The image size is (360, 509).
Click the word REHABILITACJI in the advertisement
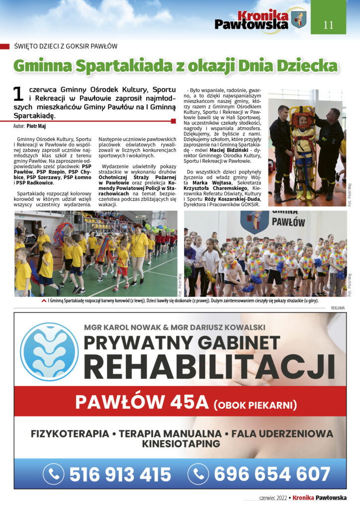[x=212, y=366]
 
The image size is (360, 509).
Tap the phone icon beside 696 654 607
[x=198, y=474]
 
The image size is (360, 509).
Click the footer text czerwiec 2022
[x=273, y=498]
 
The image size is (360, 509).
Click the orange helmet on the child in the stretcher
[x=302, y=118]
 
